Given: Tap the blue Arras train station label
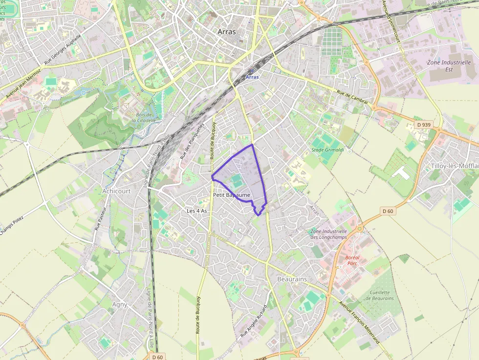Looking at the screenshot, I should point(252,77).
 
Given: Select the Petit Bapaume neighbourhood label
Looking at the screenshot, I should point(232,195).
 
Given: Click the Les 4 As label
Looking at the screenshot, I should point(197,211).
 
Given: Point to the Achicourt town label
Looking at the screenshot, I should point(116,191).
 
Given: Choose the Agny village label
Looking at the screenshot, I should point(120,304).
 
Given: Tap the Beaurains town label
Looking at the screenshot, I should point(292,278).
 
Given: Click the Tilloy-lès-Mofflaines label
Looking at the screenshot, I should point(455,166).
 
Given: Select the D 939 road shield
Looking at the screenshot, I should point(424,125).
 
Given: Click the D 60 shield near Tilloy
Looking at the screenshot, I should point(388,211).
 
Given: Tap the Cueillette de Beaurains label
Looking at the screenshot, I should point(379,295).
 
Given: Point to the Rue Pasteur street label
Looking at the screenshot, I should point(99,216).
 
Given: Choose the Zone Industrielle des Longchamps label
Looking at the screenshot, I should point(328,234).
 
